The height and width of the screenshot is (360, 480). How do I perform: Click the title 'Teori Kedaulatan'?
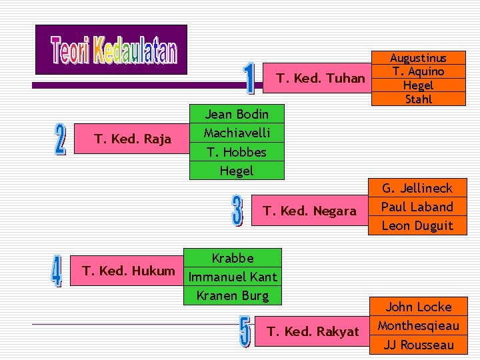[x=113, y=51]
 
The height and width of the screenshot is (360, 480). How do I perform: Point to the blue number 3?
[x=237, y=210]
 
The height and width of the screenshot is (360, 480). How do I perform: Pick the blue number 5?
[x=245, y=331]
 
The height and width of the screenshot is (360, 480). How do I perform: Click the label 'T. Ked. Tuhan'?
[x=321, y=79]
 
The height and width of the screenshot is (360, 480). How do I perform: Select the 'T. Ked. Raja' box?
[x=133, y=139]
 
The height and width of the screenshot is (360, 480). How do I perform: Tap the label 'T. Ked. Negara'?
[x=309, y=211]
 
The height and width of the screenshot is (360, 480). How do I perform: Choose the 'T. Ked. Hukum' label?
[x=128, y=271]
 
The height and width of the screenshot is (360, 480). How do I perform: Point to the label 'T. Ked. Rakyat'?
[x=313, y=331]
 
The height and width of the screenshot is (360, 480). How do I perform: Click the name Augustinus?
[x=418, y=59]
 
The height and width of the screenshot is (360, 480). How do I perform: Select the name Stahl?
[x=418, y=99]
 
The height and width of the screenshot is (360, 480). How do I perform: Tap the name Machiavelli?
[x=236, y=133]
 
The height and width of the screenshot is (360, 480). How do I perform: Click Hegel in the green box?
[x=236, y=171]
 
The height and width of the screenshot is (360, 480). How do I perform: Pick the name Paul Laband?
[x=417, y=207]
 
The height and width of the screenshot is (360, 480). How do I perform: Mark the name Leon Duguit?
[x=417, y=225]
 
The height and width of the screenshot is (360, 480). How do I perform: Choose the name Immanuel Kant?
[x=233, y=277]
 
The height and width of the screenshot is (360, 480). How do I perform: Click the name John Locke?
[x=418, y=307]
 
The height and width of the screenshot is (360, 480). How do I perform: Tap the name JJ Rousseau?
[x=418, y=345]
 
